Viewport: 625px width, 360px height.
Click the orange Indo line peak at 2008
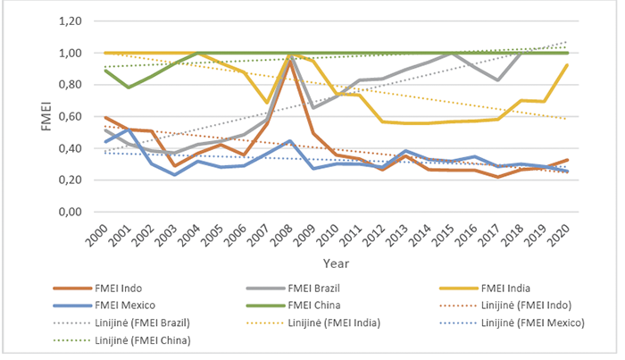tap(289, 61)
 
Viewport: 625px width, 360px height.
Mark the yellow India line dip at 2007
tap(266, 104)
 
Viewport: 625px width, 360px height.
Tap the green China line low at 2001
tap(128, 88)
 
